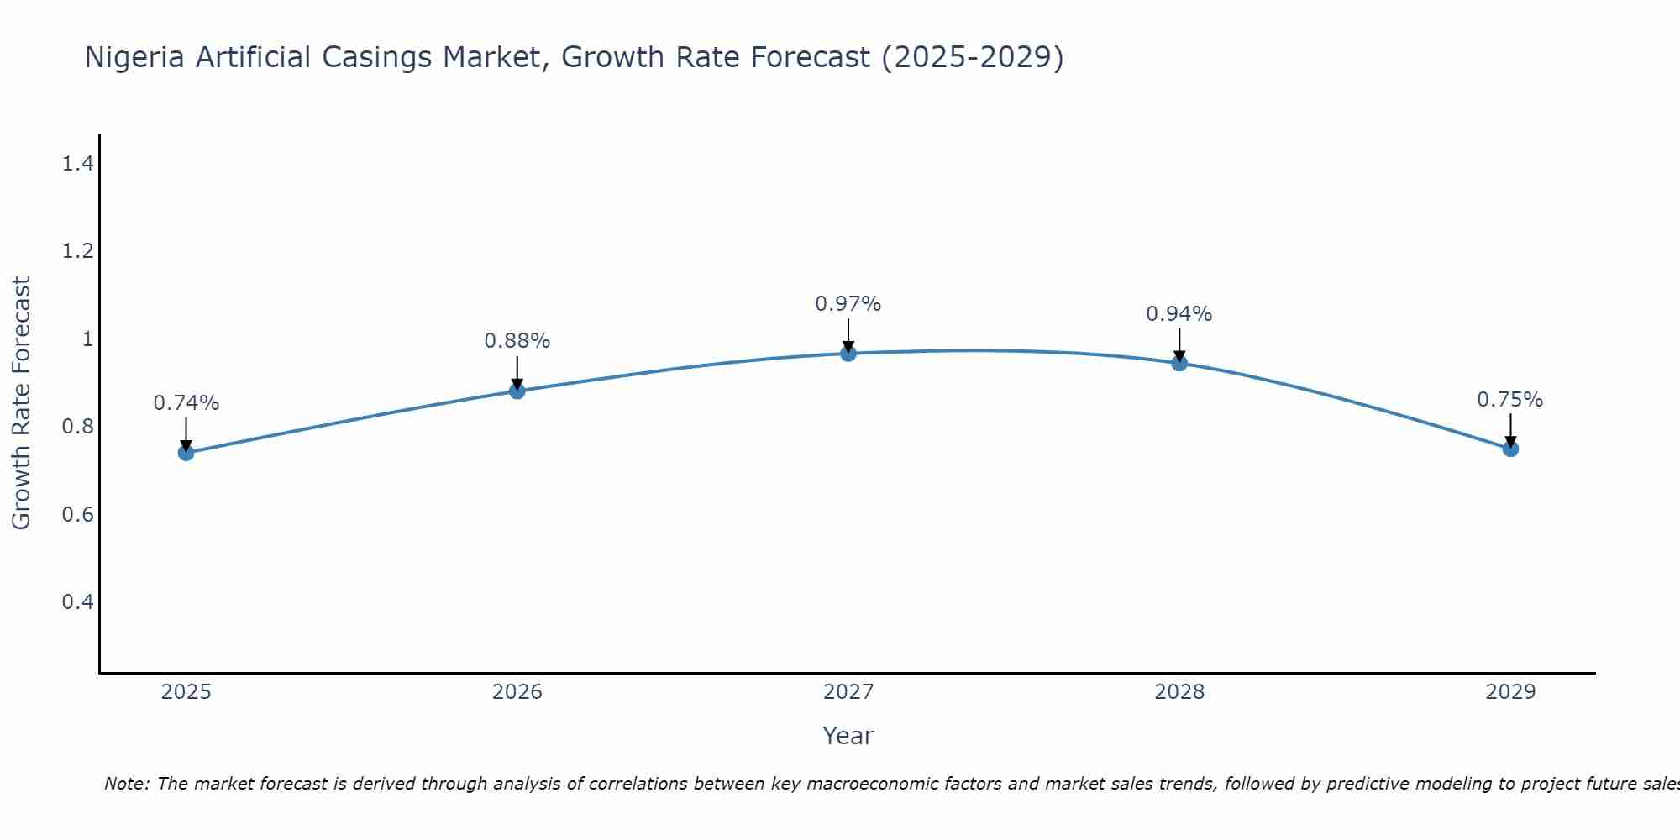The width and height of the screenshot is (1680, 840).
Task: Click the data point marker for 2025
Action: (186, 453)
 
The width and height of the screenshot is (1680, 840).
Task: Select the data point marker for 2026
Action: (517, 391)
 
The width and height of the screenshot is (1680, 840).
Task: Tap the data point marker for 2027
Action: (848, 354)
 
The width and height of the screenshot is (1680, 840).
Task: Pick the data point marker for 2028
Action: (1179, 363)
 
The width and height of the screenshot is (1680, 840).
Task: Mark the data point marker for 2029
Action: (1510, 449)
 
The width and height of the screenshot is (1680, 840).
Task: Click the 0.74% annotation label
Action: (186, 403)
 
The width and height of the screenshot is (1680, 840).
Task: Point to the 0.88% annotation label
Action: (517, 341)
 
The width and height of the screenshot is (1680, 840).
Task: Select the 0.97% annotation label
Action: (848, 304)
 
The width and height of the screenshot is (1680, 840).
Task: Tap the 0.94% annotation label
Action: (1179, 314)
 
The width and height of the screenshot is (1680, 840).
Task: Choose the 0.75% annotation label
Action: (1510, 400)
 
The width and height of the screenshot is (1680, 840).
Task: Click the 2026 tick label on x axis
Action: (517, 692)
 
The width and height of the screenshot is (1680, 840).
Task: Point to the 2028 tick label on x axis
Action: (1179, 692)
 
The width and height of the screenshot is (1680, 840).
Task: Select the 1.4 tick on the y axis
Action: (77, 164)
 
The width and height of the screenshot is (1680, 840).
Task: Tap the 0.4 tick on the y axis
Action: (77, 602)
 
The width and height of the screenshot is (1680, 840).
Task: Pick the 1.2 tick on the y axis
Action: (77, 251)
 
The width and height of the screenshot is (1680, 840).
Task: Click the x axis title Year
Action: (848, 736)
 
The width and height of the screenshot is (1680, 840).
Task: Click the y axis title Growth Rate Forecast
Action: (21, 402)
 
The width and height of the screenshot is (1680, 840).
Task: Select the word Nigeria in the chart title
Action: (135, 57)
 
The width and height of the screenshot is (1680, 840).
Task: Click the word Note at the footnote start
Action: (126, 784)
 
